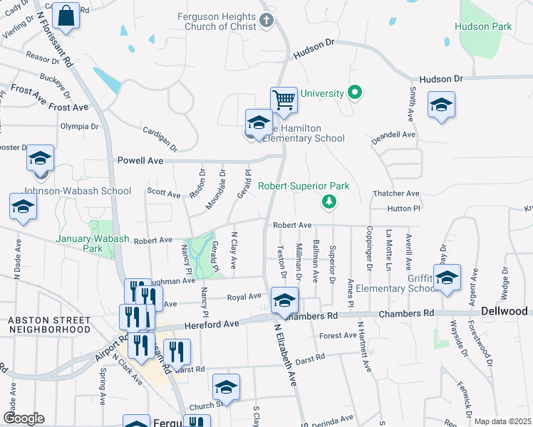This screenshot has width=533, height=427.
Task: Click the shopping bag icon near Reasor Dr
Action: pyautogui.click(x=66, y=16)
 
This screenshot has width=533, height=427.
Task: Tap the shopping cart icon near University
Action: pyautogui.click(x=284, y=100)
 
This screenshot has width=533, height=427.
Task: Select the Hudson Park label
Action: pyautogui.click(x=483, y=26)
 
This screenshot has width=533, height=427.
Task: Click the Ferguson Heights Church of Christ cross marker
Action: pyautogui.click(x=266, y=20)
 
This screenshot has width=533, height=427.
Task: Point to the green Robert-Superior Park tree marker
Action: pyautogui.click(x=328, y=202)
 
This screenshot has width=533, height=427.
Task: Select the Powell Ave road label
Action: pyautogui.click(x=140, y=161)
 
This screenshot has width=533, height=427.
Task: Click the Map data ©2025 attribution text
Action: pyautogui.click(x=502, y=421)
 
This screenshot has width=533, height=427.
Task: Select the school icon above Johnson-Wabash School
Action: pyautogui.click(x=41, y=159)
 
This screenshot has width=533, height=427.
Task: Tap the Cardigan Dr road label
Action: pyautogui.click(x=160, y=134)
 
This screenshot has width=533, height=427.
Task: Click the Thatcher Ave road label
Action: pyautogui.click(x=397, y=193)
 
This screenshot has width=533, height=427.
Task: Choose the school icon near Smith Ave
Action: pyautogui.click(x=441, y=105)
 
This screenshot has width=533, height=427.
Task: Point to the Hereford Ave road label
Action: pyautogui.click(x=210, y=324)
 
